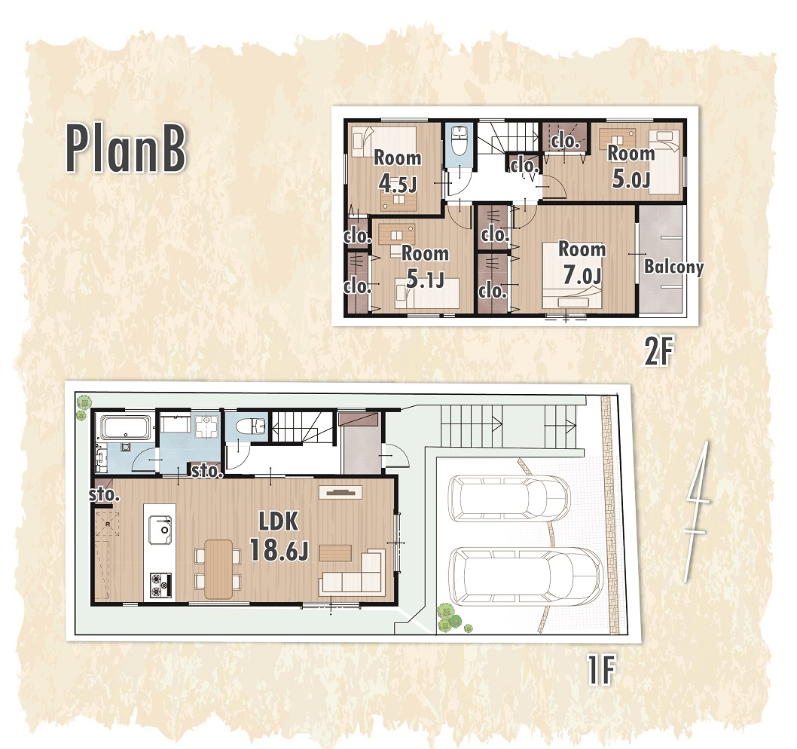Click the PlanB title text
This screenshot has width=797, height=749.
(x=126, y=149)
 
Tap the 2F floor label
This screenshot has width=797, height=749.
(x=658, y=352)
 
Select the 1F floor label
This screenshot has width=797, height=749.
(x=602, y=670)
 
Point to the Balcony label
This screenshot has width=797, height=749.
(x=674, y=267)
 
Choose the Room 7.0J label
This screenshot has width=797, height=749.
(x=582, y=262)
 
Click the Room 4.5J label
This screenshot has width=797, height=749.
(x=398, y=171)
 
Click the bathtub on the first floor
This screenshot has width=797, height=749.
(x=126, y=427)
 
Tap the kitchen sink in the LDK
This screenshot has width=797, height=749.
(x=160, y=530)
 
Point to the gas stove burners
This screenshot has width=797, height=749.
(x=160, y=585)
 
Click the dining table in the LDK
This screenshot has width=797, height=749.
(x=218, y=569)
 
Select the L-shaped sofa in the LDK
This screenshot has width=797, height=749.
(x=353, y=573)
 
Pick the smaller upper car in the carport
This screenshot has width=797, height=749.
(x=508, y=499)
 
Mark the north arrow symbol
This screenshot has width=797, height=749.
(x=695, y=511)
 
